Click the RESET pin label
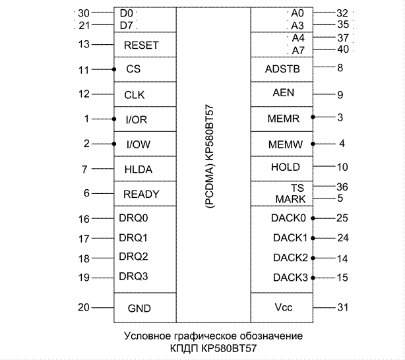click(x=141, y=45)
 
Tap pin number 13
click(x=83, y=44)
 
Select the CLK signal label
click(x=134, y=94)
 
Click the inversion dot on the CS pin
click(x=114, y=69)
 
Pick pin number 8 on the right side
click(x=340, y=68)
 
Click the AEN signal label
click(x=283, y=93)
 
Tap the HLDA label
click(x=138, y=169)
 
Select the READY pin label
click(x=141, y=194)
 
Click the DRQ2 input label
click(x=133, y=256)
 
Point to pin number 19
click(x=83, y=278)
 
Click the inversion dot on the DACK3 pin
click(x=313, y=278)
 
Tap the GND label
click(x=139, y=308)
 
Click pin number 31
click(x=342, y=307)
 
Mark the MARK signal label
click(x=290, y=199)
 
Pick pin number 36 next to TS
click(x=342, y=187)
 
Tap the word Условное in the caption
click(x=146, y=336)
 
